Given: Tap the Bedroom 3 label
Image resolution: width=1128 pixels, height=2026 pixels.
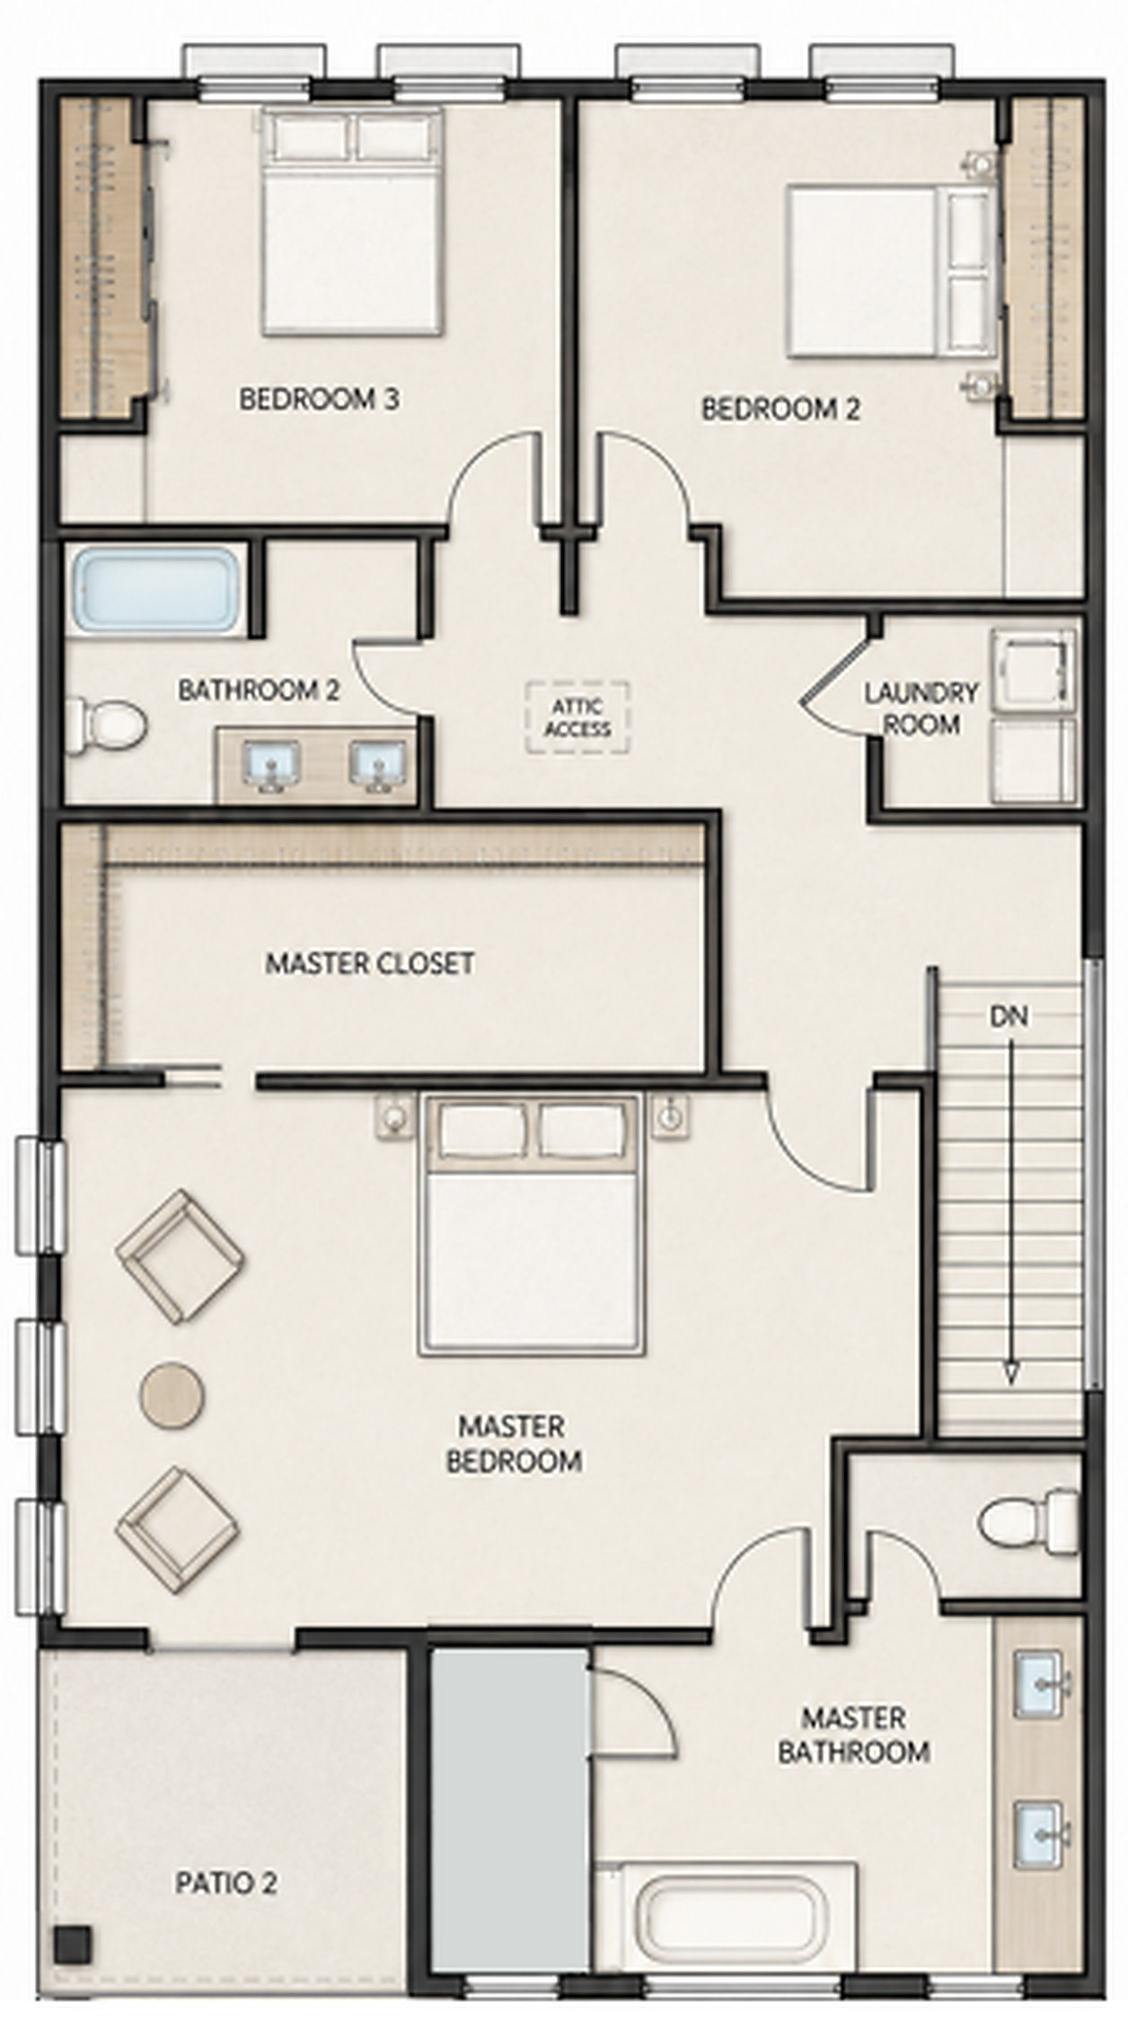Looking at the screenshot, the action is pyautogui.click(x=319, y=399).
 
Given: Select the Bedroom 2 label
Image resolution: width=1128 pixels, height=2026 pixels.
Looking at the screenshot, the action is pyautogui.click(x=780, y=410).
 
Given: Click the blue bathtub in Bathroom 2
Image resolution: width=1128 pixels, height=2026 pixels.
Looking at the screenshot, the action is pyautogui.click(x=156, y=590).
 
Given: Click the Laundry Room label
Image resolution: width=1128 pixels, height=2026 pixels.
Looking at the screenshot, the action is pyautogui.click(x=921, y=708).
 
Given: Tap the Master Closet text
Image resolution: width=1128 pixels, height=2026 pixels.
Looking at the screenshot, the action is pyautogui.click(x=369, y=964).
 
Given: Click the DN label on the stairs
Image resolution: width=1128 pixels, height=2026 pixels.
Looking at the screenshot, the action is pyautogui.click(x=1009, y=1017).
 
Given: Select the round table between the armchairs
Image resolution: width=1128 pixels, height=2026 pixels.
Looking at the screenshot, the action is pyautogui.click(x=172, y=1395).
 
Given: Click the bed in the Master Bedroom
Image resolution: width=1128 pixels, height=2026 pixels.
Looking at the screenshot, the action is pyautogui.click(x=532, y=1224).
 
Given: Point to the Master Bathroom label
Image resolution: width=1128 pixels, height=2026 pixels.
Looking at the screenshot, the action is pyautogui.click(x=853, y=1734).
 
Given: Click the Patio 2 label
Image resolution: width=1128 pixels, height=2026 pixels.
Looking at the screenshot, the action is pyautogui.click(x=225, y=1882).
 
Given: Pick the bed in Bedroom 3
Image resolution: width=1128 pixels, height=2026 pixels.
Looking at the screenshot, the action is pyautogui.click(x=352, y=221).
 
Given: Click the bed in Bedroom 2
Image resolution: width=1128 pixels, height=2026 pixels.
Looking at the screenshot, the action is pyautogui.click(x=892, y=270).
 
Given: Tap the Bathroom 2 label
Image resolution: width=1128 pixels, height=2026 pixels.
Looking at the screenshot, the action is pyautogui.click(x=259, y=691).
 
